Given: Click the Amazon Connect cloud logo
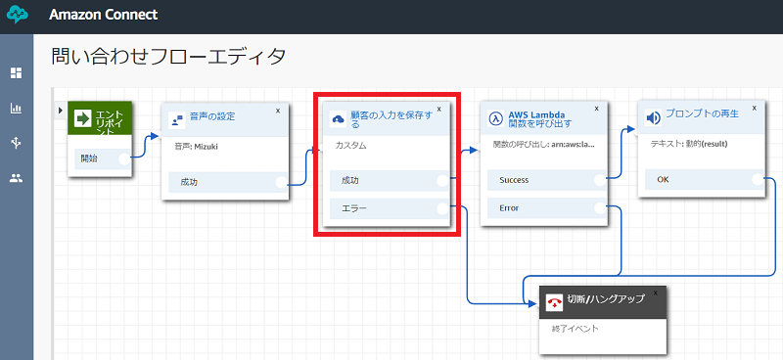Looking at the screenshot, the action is (x=18, y=16).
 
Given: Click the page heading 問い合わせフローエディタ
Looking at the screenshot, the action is (x=168, y=57).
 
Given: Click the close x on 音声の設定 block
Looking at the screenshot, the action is (x=278, y=111).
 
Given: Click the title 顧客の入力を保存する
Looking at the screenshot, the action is (x=388, y=119).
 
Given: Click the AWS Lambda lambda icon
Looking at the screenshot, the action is (x=496, y=118).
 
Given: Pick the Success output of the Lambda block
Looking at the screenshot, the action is (x=543, y=180).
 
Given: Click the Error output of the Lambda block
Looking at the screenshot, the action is (x=543, y=207).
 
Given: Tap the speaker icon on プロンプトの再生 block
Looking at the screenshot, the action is (x=654, y=118).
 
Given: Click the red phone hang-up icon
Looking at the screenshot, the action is (x=554, y=301).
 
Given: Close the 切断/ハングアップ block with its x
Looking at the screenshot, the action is (x=656, y=292).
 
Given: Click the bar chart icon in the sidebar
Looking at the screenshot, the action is (x=16, y=108).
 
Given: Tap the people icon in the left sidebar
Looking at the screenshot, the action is (x=16, y=178).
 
